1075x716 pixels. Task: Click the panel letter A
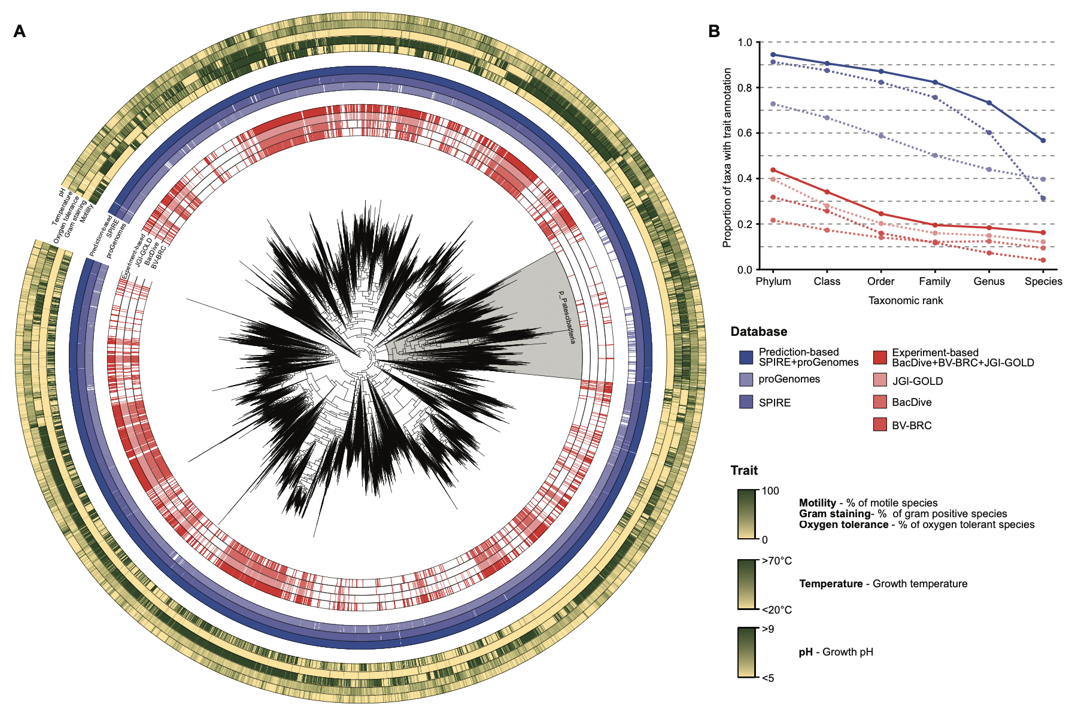point(20,31)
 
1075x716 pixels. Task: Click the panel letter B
point(714,31)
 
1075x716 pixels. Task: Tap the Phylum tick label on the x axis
point(773,281)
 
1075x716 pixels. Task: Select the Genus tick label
point(989,281)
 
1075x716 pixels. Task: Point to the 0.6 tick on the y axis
point(745,133)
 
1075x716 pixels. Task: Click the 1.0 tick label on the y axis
point(745,43)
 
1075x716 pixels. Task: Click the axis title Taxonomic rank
point(906,301)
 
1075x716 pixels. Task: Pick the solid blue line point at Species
point(1043,141)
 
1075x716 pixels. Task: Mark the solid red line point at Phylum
point(773,170)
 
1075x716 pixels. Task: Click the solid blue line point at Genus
point(989,103)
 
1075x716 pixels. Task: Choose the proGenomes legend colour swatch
point(746,380)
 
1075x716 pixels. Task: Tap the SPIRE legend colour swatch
point(746,402)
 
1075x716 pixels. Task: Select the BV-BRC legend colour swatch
point(879,425)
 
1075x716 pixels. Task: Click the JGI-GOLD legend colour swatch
point(879,380)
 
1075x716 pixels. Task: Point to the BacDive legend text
point(912,402)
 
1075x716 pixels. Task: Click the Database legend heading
point(758,332)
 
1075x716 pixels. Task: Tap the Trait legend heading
point(744,471)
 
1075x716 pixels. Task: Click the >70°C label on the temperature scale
point(777,561)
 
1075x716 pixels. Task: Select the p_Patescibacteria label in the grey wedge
point(566,317)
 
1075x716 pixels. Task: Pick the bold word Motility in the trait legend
point(817,503)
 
